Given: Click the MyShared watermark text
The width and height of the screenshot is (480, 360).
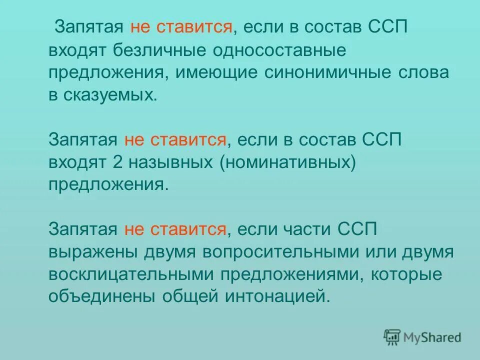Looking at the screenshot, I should click(431, 337).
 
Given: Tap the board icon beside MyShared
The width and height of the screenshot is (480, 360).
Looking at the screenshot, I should click(392, 337).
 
